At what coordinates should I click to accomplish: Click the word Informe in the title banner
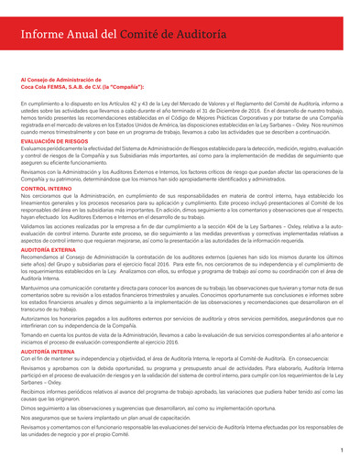(46, 34)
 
